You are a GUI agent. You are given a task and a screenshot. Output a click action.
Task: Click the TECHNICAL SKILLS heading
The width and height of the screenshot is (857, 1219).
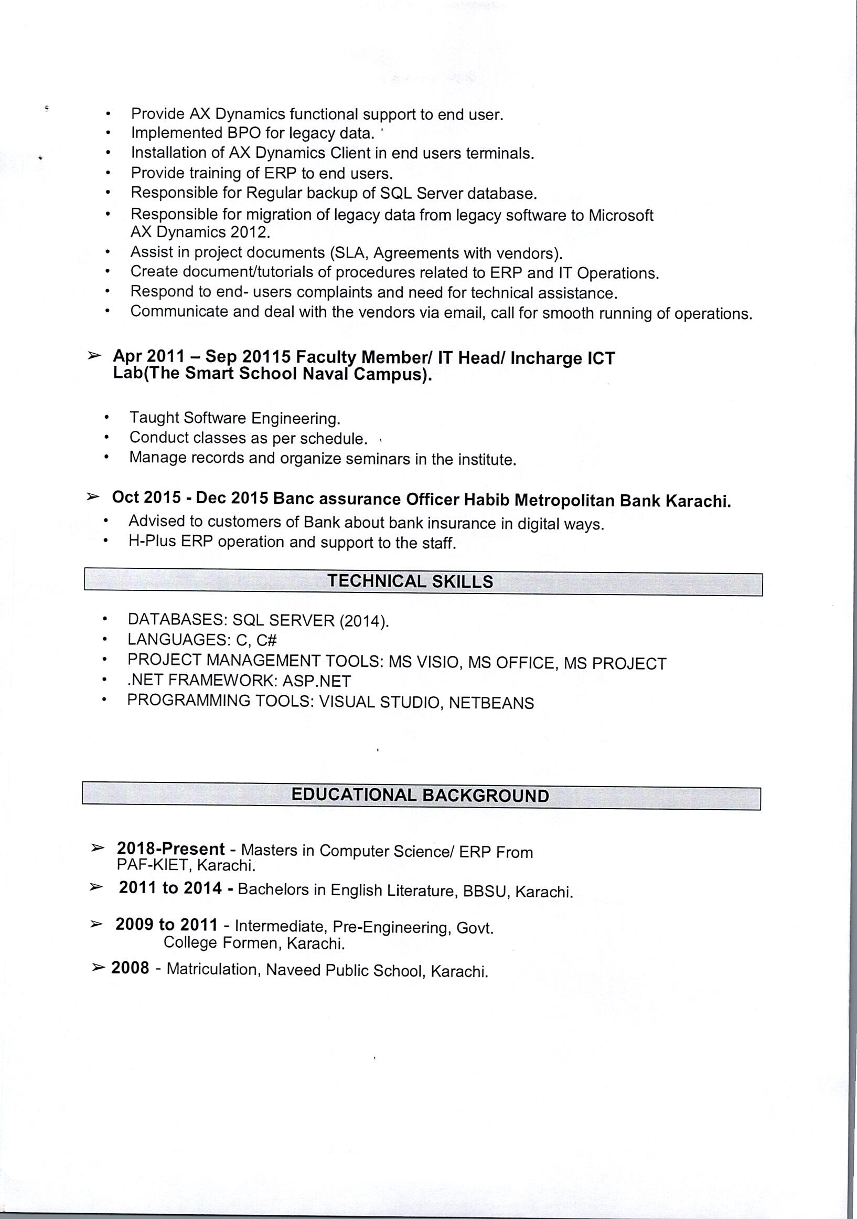coord(410,581)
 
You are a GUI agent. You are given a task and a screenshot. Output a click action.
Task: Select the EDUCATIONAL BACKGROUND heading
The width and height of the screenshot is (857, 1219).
coord(420,796)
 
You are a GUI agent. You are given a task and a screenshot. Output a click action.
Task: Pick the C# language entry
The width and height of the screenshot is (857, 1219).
coord(266,640)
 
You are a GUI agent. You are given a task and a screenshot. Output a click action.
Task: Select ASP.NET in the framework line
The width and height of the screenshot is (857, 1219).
coord(316,681)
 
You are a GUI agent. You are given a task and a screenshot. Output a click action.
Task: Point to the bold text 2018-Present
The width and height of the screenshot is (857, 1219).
coord(171,849)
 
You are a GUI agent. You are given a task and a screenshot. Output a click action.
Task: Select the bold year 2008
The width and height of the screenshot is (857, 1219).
coord(130,968)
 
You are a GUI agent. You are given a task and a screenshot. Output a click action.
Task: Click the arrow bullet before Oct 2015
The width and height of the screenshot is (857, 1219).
coord(93,497)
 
